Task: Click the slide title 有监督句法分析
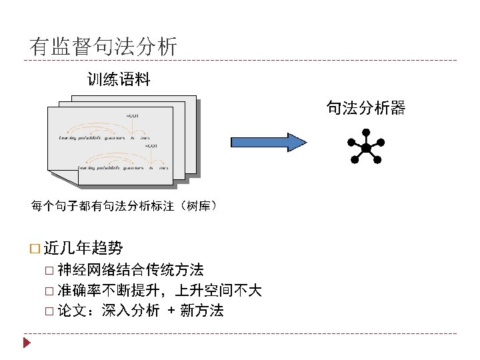(x=103, y=47)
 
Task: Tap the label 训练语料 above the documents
(x=119, y=81)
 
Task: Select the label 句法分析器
(x=365, y=107)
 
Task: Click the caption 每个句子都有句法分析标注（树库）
(x=124, y=205)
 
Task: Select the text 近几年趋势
(x=83, y=249)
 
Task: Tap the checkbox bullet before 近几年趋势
(x=35, y=249)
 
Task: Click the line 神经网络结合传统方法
(x=131, y=270)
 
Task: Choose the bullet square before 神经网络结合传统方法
(x=50, y=271)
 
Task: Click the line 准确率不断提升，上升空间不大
(x=159, y=290)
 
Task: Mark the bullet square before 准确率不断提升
(x=50, y=291)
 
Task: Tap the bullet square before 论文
(x=50, y=311)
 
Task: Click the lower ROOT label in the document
(x=151, y=145)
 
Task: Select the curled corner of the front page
(x=55, y=174)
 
